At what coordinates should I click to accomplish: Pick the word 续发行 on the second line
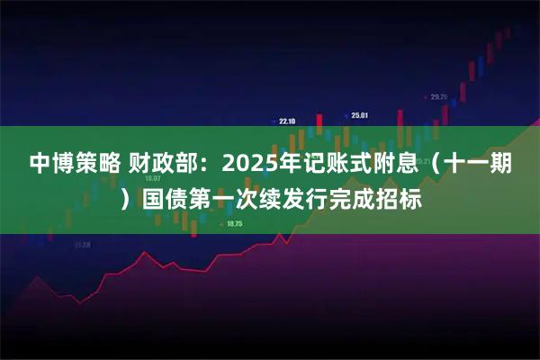tap(303, 196)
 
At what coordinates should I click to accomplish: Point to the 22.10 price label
tap(288, 120)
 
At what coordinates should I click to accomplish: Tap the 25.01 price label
tap(360, 114)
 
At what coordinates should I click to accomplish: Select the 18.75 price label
tap(235, 223)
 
